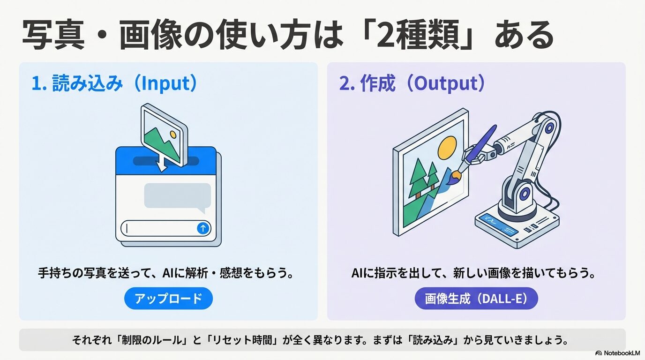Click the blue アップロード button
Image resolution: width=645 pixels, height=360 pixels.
tap(168, 299)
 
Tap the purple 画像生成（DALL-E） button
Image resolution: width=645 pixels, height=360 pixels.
tap(476, 299)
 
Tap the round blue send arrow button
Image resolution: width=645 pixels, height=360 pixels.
tap(203, 228)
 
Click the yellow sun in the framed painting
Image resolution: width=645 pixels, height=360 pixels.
tap(447, 146)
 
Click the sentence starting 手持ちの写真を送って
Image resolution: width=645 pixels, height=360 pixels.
tap(166, 273)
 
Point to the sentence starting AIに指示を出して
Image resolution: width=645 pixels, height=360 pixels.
tap(473, 273)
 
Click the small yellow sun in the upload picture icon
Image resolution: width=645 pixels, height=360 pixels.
tap(173, 135)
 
